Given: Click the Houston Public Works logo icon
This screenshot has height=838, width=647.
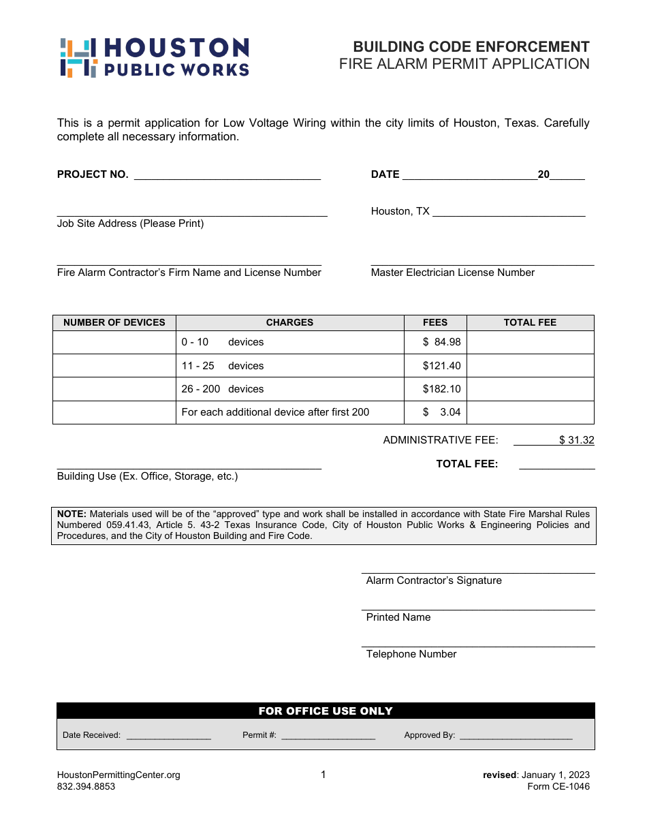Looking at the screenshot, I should [78, 58].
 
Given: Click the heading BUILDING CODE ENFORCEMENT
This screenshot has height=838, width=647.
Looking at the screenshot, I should [471, 47].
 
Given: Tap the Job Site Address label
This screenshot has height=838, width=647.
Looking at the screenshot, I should [130, 223].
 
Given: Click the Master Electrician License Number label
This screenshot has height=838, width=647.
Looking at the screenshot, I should [452, 273].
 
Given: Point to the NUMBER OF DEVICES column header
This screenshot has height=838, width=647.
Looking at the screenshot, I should [114, 322].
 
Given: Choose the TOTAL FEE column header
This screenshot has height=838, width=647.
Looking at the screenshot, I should [530, 322].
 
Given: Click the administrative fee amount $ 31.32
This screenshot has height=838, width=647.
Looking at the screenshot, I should [576, 440].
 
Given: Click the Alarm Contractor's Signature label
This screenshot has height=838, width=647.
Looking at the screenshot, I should [434, 580].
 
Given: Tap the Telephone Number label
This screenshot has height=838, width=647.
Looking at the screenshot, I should [411, 654].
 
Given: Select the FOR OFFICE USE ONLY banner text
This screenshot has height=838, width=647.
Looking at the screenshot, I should [326, 711].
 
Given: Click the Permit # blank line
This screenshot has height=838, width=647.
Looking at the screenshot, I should [328, 736].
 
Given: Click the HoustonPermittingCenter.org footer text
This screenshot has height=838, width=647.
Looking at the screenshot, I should [119, 775].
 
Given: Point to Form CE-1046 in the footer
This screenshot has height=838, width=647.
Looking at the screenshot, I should [558, 786].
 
